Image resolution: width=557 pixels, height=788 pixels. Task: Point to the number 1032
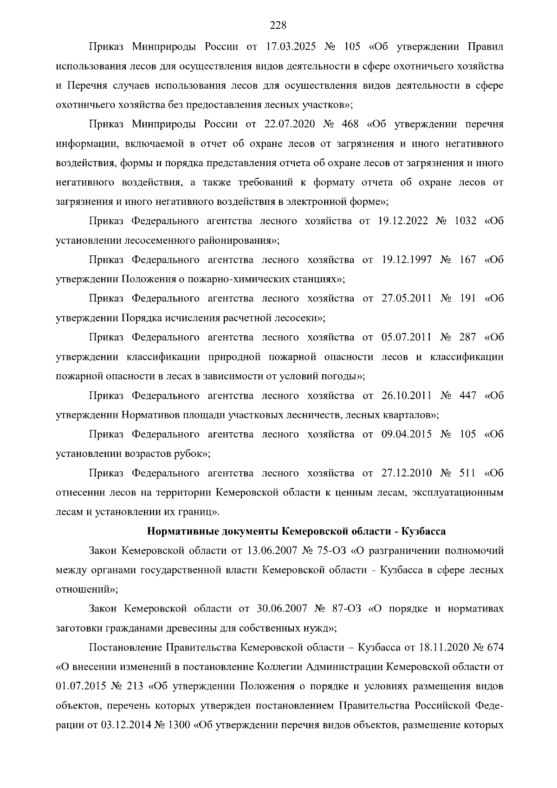click(x=465, y=221)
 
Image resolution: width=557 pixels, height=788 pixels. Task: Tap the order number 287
click(x=467, y=337)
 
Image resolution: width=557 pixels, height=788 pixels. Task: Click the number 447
click(x=467, y=396)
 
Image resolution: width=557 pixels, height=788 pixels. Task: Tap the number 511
click(x=467, y=473)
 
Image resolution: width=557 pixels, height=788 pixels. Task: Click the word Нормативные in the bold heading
click(x=178, y=531)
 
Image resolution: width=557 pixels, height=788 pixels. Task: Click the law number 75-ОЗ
click(x=331, y=551)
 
